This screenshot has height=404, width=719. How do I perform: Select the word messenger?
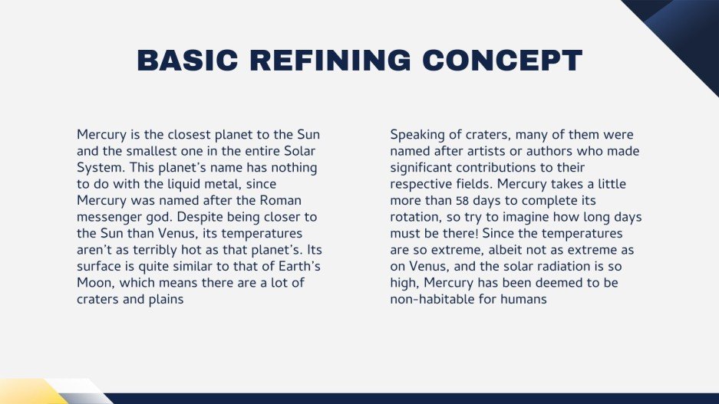110,217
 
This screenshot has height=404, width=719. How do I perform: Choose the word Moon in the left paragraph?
95,283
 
